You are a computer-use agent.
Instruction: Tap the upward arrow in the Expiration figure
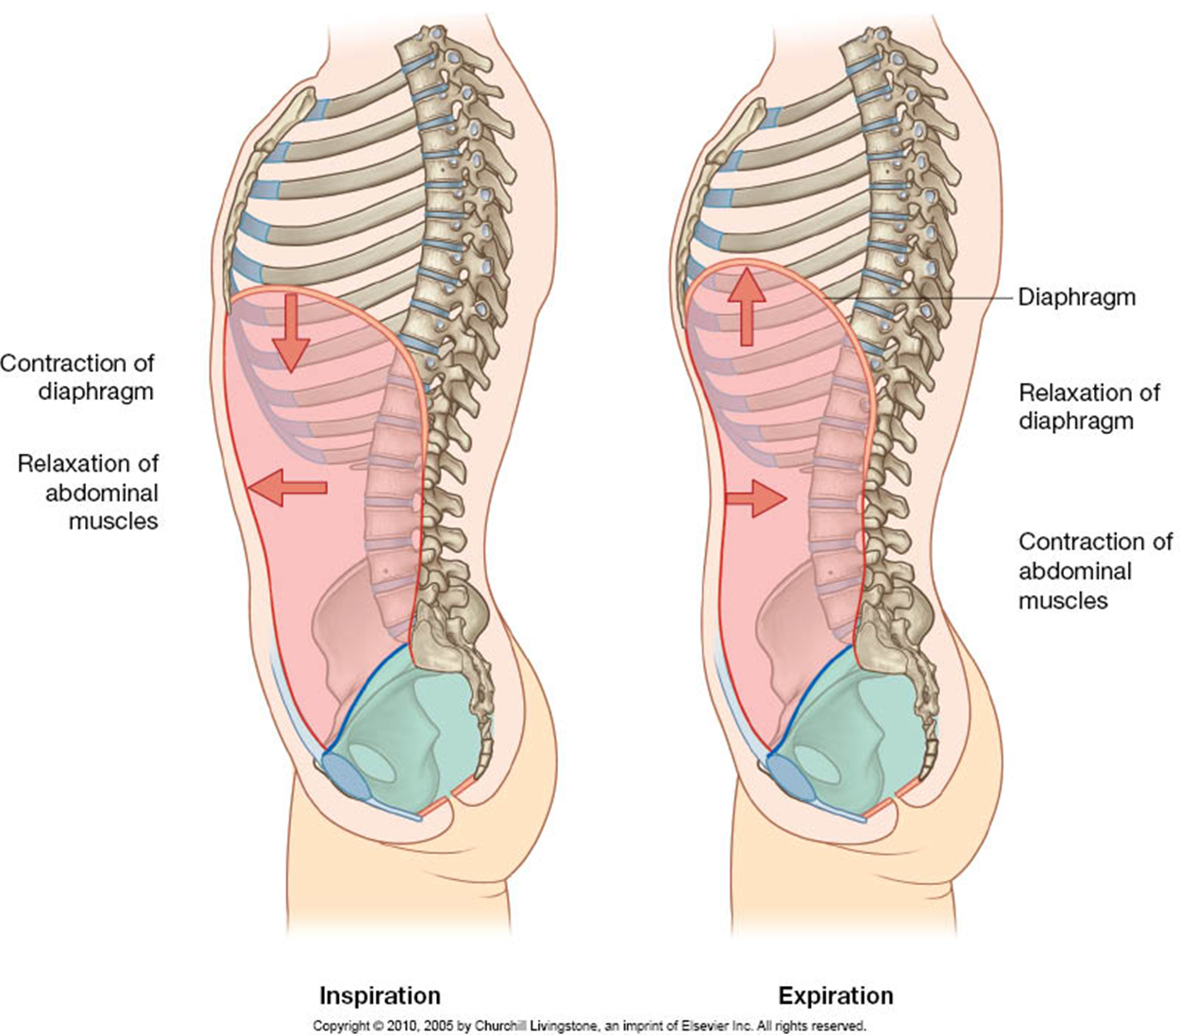(x=747, y=305)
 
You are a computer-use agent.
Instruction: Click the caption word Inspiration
(x=379, y=995)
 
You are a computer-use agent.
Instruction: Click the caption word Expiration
(x=835, y=995)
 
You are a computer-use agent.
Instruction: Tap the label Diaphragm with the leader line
(x=1076, y=297)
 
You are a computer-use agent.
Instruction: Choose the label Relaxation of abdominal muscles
(x=89, y=492)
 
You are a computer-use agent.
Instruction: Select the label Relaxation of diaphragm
(x=1088, y=406)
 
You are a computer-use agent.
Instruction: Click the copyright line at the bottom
(x=589, y=1025)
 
